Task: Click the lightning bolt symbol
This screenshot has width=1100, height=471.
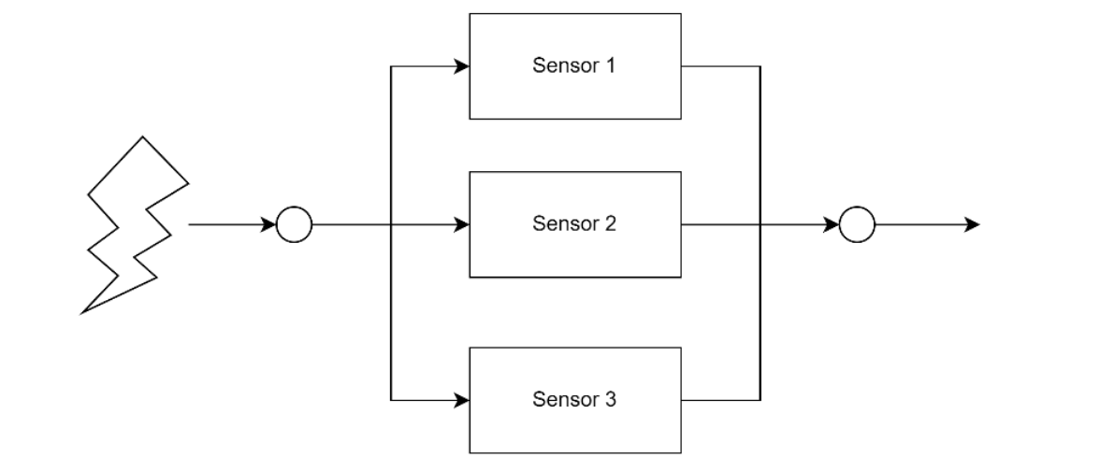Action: coord(136,224)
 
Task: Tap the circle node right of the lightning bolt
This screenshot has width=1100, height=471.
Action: coord(295,225)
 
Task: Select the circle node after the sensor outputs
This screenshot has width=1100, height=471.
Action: coord(857,225)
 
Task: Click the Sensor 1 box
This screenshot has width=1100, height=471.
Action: coord(574,66)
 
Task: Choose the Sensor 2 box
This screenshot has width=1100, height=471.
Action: coord(574,224)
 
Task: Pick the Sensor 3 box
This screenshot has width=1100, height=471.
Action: coord(574,400)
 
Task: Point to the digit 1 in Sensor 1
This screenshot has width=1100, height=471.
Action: coord(613,66)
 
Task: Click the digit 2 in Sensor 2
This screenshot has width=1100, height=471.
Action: coord(613,224)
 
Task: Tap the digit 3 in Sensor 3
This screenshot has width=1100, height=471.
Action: coord(613,400)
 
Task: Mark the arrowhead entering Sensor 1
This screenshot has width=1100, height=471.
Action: coord(461,66)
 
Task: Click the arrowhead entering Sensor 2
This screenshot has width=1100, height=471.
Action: coord(461,225)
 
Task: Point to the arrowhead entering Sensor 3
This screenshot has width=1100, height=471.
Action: coord(461,401)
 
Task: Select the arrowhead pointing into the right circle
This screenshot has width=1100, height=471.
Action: coord(832,225)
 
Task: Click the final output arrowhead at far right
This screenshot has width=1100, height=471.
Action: coord(973,225)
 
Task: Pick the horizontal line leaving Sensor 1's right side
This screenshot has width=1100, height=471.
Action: coord(720,66)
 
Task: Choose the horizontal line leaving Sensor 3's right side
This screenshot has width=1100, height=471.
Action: coord(720,401)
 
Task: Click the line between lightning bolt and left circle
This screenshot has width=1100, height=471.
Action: coord(229,225)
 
